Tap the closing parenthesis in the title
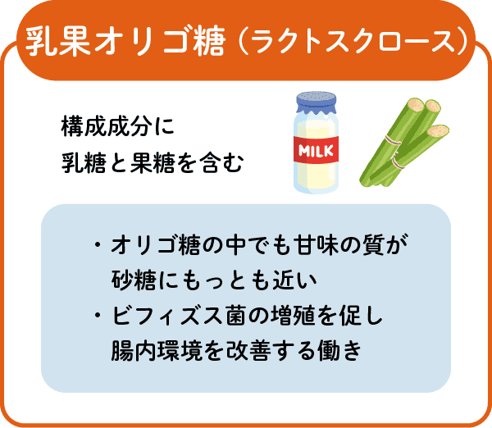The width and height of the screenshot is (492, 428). point(462,42)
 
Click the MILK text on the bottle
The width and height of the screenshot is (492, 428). point(316,151)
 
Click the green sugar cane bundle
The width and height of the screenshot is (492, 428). point(405,143)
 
